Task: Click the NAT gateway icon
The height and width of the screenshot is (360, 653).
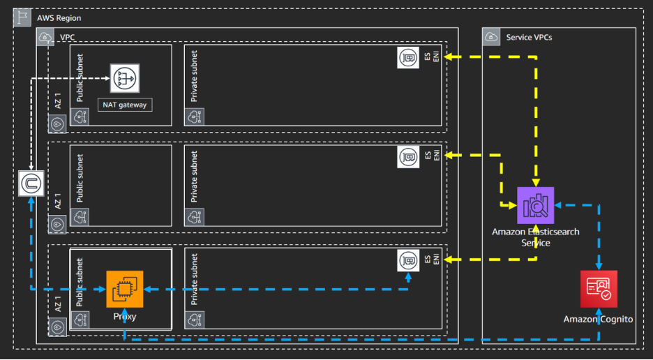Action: click(125, 78)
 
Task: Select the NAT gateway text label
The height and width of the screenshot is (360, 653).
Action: click(125, 104)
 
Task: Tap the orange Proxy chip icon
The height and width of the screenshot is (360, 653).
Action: click(125, 289)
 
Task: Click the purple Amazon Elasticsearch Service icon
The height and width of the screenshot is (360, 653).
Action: click(535, 206)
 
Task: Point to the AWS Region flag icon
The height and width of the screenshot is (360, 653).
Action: click(22, 18)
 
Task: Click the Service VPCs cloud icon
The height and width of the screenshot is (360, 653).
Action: click(492, 37)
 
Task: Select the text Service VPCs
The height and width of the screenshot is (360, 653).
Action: click(529, 37)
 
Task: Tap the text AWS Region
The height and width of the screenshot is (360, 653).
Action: click(60, 18)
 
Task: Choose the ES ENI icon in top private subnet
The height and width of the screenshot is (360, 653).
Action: click(408, 57)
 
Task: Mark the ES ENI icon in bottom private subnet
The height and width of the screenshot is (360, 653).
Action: click(408, 260)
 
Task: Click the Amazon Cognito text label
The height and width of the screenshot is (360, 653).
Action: click(598, 319)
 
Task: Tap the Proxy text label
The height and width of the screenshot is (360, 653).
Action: click(125, 317)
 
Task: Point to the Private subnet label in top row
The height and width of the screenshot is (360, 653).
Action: click(194, 77)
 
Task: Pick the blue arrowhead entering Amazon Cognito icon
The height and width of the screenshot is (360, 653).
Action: click(598, 267)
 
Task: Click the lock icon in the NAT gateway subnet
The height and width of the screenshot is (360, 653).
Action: click(82, 117)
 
